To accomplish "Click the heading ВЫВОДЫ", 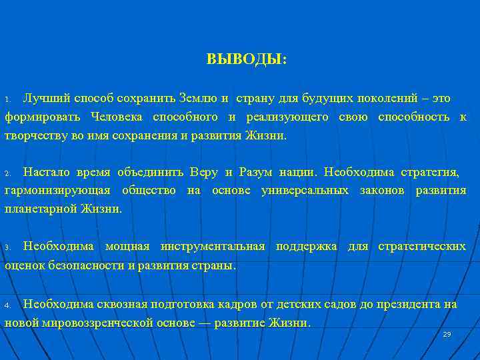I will coord(247,59).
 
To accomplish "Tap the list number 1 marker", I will coord(7,99).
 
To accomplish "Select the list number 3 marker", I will coord(7,247).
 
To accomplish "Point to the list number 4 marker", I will coord(7,305).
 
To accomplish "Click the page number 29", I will coord(447,334).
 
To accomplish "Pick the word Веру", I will coord(204,172).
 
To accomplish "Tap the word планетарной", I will coord(37,209).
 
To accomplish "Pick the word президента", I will coord(411,304).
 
